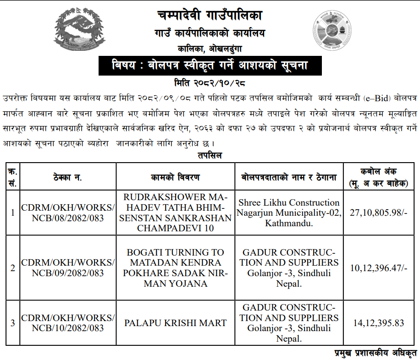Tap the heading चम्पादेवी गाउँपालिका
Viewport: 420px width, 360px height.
coord(210,16)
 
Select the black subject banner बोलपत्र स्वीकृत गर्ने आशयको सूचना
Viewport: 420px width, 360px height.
coord(210,66)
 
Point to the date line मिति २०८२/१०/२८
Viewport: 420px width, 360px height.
coord(210,83)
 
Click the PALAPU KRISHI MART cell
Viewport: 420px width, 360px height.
coord(175,323)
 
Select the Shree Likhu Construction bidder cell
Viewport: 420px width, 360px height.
coord(288,213)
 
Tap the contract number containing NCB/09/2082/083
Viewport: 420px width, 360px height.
coord(68,268)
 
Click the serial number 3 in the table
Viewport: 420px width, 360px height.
coord(13,323)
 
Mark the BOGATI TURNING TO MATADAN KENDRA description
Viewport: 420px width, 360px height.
coord(175,268)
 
